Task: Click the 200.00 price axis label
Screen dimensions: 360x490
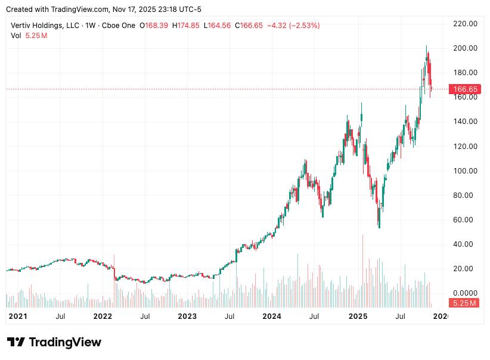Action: pos(466,48)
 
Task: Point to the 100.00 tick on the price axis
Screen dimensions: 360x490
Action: pos(466,170)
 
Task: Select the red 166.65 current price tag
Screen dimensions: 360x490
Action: pos(466,89)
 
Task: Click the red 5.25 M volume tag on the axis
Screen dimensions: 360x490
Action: pos(464,303)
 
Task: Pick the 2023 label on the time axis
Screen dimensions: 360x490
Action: pos(187,316)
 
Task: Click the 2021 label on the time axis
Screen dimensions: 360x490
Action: pos(18,316)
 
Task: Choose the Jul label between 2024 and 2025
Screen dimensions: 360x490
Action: pos(314,316)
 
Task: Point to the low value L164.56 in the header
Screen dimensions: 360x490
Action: pos(219,26)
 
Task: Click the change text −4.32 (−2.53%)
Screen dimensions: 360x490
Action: pos(293,26)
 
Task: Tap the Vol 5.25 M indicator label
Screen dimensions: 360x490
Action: pos(29,36)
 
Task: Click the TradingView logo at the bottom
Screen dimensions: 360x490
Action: pos(54,342)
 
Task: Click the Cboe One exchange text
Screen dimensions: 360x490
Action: pos(120,26)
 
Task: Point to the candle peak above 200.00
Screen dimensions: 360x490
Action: pos(426,46)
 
